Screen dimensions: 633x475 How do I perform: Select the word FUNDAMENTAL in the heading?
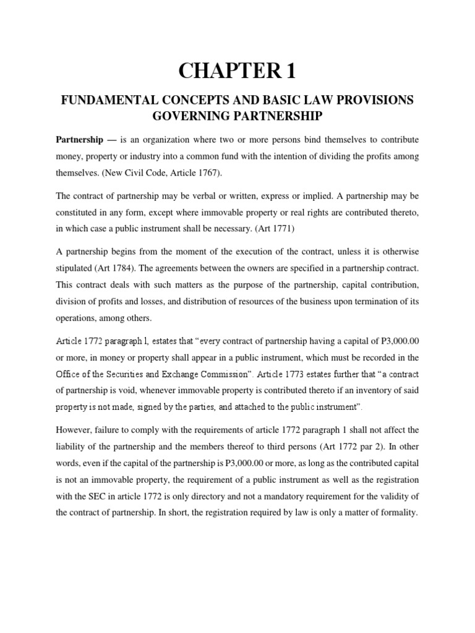tap(105, 101)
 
